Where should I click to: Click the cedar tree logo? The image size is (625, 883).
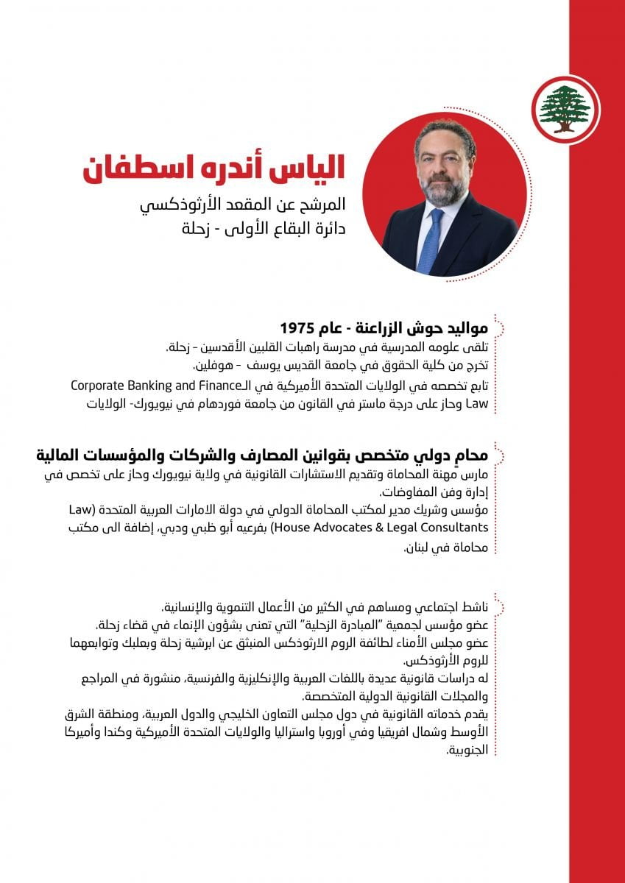tap(565, 108)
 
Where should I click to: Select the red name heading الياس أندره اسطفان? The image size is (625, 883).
tap(213, 166)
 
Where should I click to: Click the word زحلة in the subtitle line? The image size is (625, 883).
tap(197, 229)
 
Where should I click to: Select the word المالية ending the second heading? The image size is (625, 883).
tap(60, 455)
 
